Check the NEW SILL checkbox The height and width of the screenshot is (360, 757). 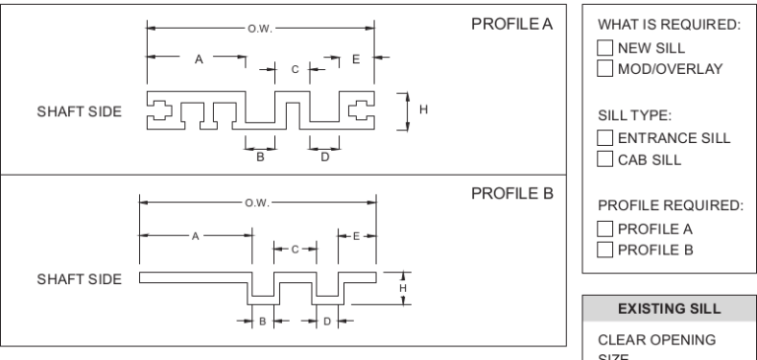605,47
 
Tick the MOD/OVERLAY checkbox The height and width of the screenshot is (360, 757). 605,68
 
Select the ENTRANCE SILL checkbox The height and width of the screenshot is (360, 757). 605,138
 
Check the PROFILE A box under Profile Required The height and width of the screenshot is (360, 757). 605,229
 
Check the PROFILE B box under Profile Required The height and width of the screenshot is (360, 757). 605,249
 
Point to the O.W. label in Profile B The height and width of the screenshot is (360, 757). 253,203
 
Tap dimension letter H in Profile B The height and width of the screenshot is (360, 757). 402,287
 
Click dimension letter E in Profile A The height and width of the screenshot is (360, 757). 356,59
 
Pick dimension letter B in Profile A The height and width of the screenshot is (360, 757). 260,156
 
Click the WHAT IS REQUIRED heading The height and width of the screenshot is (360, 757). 668,25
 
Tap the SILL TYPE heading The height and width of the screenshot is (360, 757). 631,115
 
